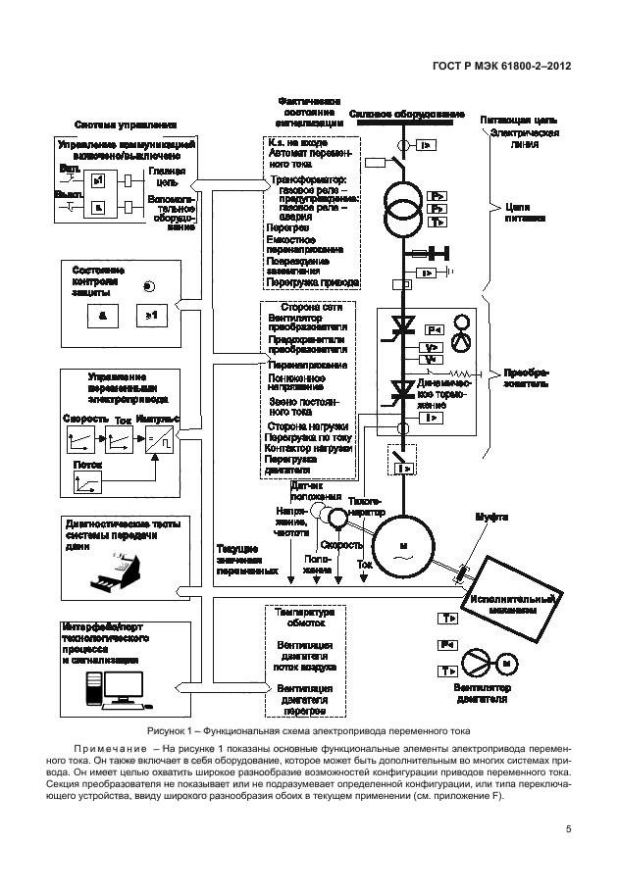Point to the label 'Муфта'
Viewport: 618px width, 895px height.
point(491,516)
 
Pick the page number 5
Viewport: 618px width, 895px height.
point(569,831)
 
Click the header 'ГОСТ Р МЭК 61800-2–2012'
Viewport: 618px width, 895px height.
point(501,69)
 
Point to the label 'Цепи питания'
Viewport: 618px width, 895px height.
point(519,214)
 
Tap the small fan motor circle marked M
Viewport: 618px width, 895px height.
point(507,664)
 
